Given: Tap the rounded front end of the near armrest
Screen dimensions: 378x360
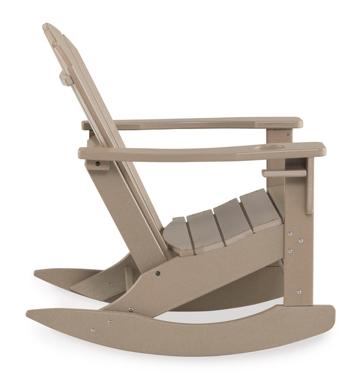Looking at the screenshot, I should point(322,150).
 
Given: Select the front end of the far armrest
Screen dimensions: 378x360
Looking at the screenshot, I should point(298,123).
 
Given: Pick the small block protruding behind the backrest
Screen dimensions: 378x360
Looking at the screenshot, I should point(66,79).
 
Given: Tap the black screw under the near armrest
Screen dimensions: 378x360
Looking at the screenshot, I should point(98,163).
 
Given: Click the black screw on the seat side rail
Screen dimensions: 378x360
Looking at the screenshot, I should point(158,273).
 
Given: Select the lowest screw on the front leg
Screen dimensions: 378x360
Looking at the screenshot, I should point(298,292).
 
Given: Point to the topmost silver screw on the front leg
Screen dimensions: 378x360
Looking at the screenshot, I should point(290,234).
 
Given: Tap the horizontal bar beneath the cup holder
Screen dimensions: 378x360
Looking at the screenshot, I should point(284,173).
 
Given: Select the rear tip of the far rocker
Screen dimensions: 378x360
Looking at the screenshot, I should point(36,273).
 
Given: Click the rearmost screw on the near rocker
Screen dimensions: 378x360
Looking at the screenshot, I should point(93,330).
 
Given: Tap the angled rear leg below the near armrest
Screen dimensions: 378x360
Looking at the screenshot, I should point(121,211).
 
